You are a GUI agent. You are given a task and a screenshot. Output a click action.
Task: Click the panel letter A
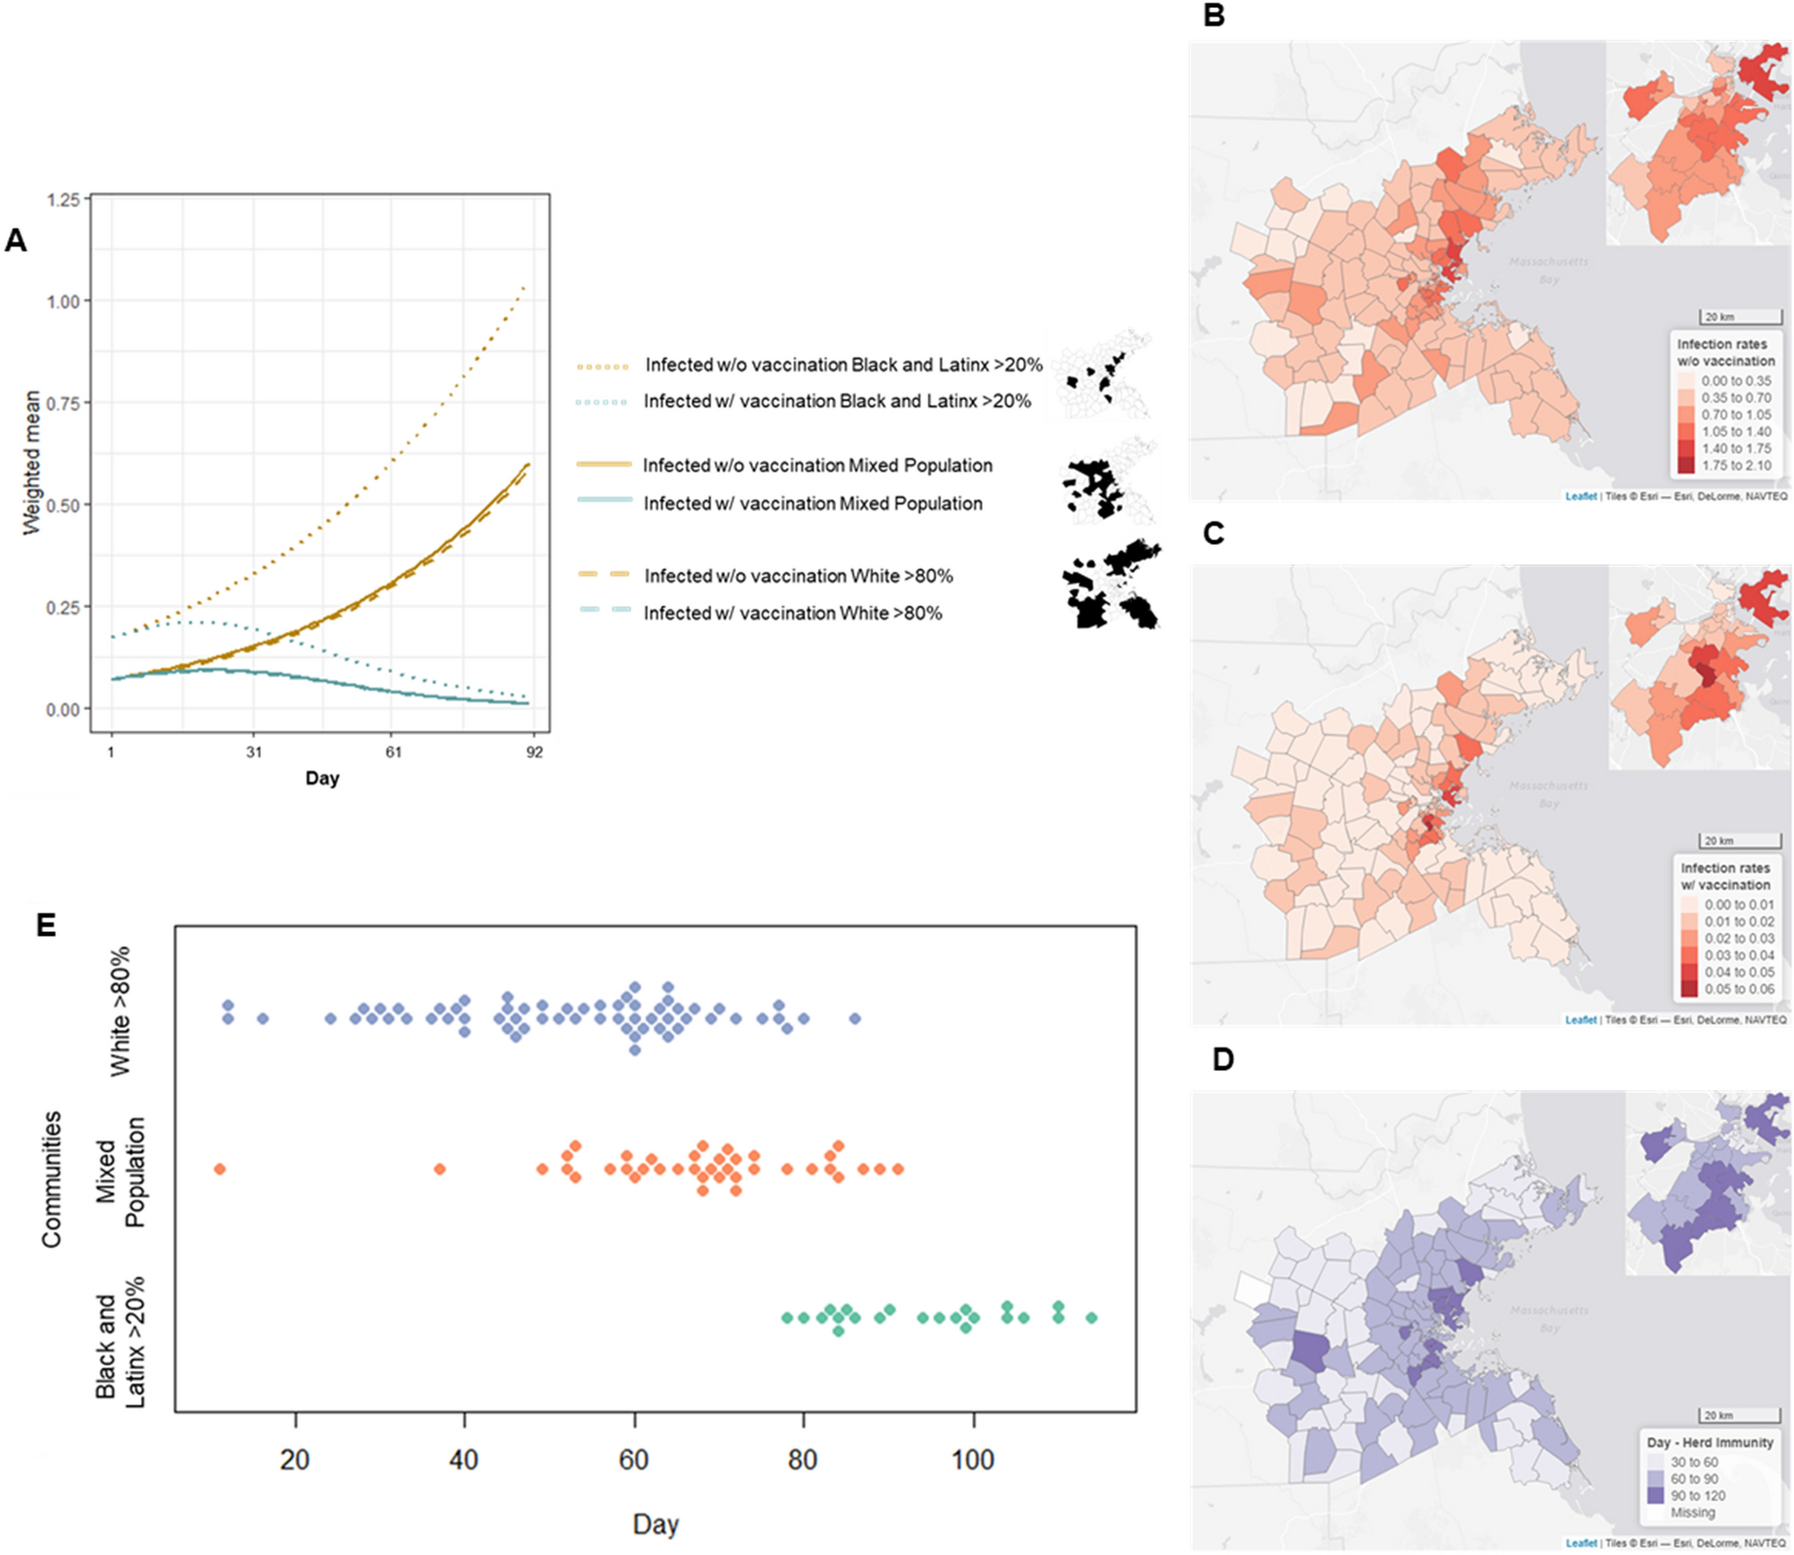15,241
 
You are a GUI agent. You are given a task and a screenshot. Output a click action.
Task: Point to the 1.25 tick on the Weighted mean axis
63,200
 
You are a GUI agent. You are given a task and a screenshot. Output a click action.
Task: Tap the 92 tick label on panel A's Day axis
534,752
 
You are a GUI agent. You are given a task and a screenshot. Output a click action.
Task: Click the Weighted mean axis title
32,463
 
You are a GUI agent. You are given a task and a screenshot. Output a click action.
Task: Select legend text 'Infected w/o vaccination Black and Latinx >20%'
843,365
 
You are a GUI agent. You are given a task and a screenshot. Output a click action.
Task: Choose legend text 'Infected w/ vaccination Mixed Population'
812,504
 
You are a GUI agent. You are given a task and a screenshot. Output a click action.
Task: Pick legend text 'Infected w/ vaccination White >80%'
792,614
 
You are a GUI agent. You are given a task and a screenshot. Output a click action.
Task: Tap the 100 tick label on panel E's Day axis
972,1460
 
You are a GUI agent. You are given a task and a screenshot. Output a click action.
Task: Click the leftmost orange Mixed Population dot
220,1169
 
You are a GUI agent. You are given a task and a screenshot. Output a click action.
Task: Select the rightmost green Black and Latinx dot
1091,1318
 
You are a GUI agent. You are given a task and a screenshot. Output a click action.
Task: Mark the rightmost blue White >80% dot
855,1019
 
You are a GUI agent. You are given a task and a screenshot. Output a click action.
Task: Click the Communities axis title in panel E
51,1179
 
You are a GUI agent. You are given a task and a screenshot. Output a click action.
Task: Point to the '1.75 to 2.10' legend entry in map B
1735,465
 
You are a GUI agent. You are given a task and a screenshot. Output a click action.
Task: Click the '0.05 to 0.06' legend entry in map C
1739,989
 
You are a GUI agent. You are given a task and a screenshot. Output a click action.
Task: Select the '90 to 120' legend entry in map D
1697,1496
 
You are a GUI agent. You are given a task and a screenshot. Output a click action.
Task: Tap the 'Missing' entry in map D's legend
1692,1513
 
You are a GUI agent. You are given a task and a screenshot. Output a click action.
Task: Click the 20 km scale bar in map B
1739,318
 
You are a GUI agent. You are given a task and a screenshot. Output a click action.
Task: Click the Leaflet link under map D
1580,1543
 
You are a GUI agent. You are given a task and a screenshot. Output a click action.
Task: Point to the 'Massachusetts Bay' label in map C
1548,794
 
